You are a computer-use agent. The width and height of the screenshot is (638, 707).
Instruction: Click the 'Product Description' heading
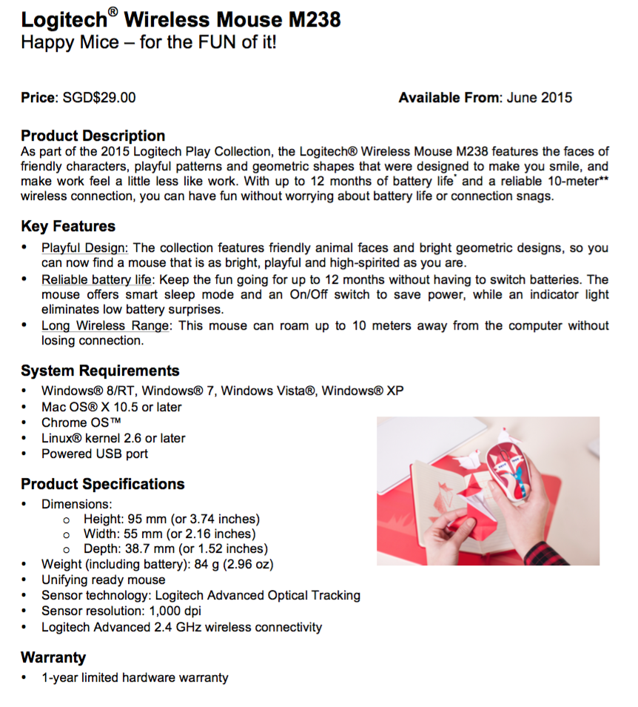tap(93, 136)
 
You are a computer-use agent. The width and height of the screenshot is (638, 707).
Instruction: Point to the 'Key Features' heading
tap(68, 226)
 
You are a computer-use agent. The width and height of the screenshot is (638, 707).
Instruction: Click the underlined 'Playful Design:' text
tap(85, 248)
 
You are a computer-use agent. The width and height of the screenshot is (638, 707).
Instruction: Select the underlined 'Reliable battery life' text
tap(96, 279)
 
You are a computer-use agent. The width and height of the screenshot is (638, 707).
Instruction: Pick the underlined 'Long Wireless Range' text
tap(105, 326)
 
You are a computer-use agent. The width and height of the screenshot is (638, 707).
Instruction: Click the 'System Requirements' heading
tap(100, 371)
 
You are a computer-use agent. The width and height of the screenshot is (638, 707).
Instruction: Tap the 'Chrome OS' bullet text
tap(75, 422)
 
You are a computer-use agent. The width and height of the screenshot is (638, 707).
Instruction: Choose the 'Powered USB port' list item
tap(95, 454)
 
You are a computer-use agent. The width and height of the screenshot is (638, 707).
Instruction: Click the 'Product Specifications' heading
tap(103, 484)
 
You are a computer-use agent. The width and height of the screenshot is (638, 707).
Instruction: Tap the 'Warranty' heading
tap(53, 657)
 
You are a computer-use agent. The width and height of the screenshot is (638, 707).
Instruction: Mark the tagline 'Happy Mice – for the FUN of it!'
tap(149, 42)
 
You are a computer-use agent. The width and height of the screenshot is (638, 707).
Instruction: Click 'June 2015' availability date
tap(540, 98)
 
